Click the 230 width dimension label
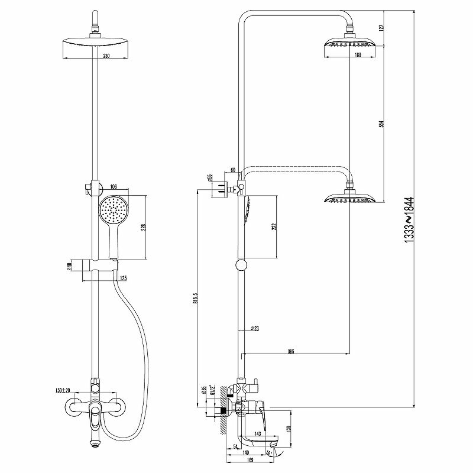106,56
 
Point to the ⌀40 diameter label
70,265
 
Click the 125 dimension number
123,278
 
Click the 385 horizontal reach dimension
291,352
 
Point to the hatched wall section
222,407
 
